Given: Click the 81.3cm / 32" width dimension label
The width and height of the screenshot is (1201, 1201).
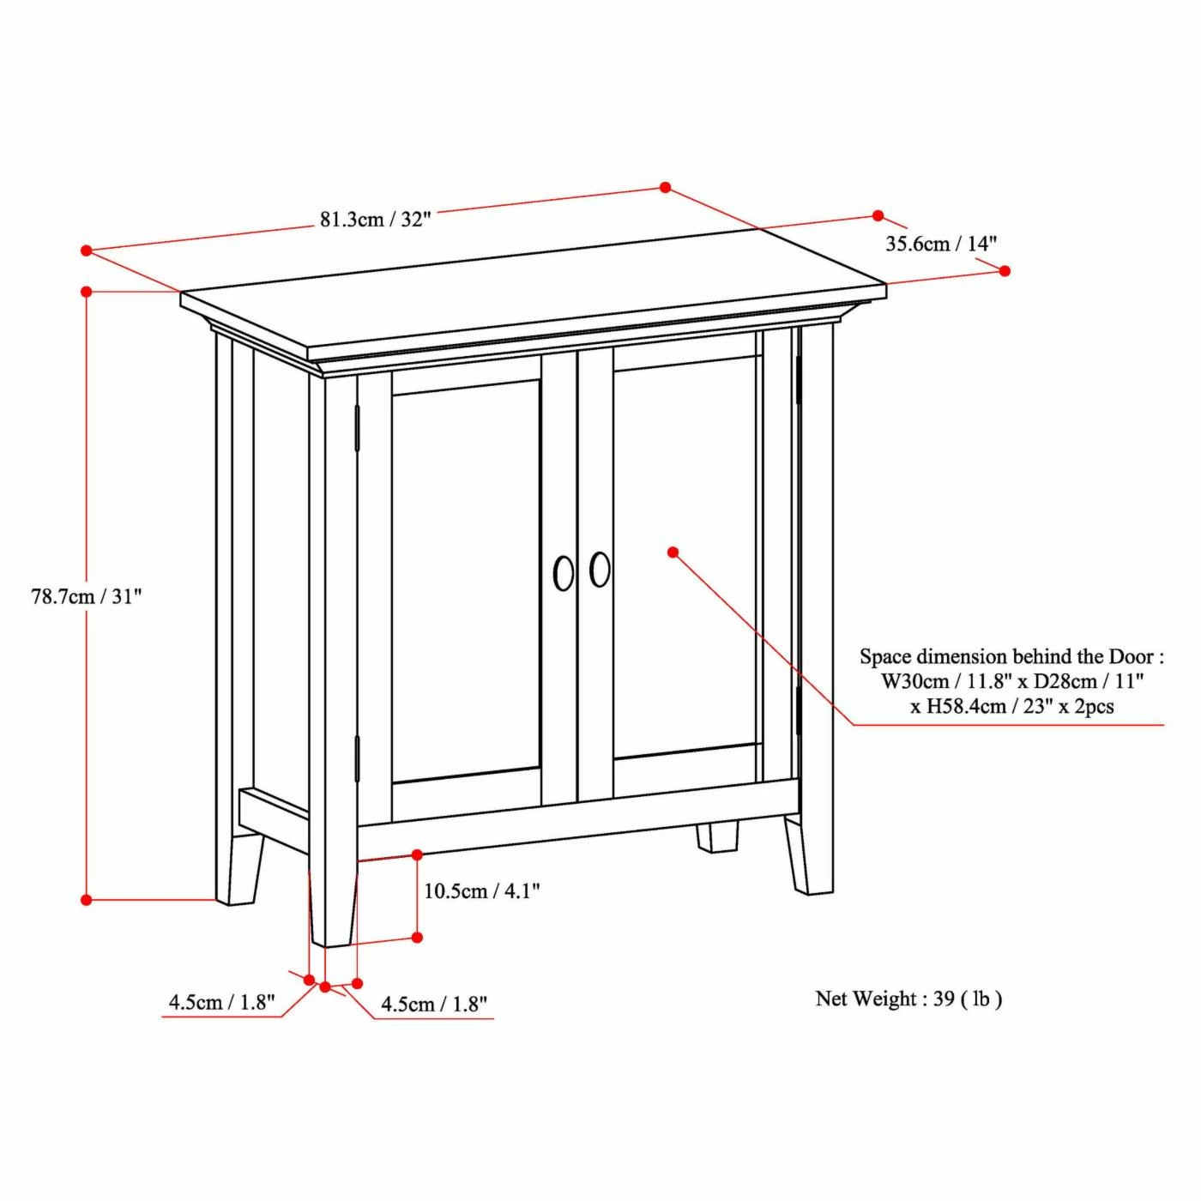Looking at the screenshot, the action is (375, 220).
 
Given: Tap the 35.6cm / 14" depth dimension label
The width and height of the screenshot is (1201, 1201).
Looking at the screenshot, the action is (941, 243).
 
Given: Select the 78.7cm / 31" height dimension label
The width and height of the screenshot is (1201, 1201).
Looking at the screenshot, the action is (87, 596).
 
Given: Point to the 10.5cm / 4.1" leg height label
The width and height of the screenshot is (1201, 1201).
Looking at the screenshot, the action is (482, 891).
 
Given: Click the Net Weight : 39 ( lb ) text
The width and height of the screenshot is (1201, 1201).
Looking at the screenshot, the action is (908, 999).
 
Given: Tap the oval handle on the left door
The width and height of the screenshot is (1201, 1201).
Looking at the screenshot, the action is (564, 573).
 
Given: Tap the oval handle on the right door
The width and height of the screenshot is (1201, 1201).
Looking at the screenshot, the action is (600, 569).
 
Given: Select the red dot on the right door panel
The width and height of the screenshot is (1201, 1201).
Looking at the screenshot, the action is (673, 552).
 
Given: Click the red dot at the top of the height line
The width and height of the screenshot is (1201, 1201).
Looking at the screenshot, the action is (87, 291).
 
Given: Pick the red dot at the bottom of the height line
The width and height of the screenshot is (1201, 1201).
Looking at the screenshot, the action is (87, 899).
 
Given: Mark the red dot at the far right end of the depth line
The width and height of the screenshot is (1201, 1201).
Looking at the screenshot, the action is (1004, 270).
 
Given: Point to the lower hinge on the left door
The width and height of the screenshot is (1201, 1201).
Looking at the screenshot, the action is (357, 757).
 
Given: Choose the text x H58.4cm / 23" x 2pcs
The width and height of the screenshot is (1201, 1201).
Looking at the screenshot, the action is (1011, 706).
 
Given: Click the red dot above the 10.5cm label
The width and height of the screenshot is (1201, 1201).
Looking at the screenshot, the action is (417, 854).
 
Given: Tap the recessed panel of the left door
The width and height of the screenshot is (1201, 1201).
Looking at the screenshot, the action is (466, 582).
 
